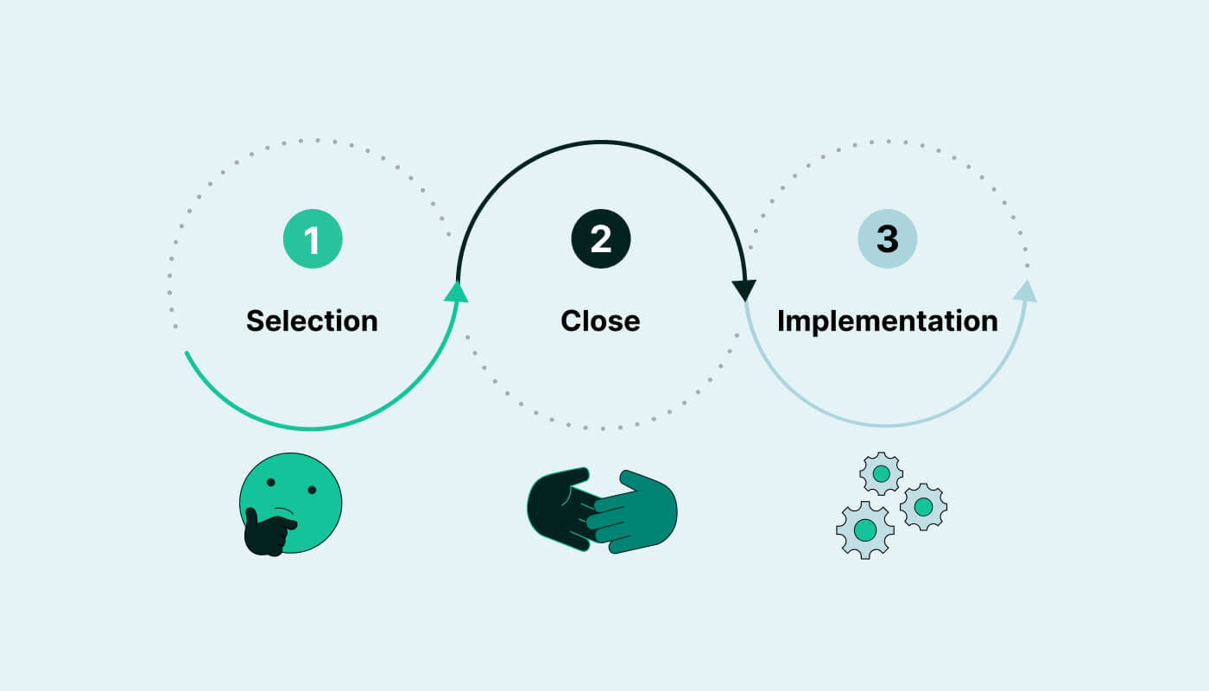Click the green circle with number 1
coord(313,238)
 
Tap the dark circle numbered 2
coord(600,238)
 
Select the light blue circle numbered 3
coord(887,238)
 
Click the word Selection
coord(312,320)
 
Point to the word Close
coord(600,320)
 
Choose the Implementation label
coord(887,320)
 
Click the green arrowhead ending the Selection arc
coord(456,292)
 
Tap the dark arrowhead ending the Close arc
coord(744,289)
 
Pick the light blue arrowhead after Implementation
coord(1025,291)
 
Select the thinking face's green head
coord(298,492)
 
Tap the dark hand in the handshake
coord(557,505)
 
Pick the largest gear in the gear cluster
coord(864,530)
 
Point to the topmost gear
coord(881,473)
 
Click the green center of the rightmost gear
coord(923,507)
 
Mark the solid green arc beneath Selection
coord(311,428)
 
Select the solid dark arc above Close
coord(600,142)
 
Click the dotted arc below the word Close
coord(600,428)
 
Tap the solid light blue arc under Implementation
coord(887,426)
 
